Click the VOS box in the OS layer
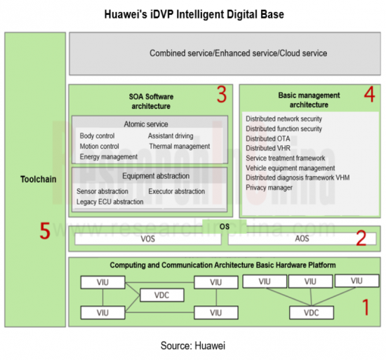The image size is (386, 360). point(148,239)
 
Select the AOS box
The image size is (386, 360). point(302,239)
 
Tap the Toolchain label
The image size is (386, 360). point(39,179)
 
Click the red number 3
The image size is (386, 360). point(222,95)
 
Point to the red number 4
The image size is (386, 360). point(369,95)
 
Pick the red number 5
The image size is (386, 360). point(45,231)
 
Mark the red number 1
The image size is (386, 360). point(366,307)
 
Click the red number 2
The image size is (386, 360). point(361,238)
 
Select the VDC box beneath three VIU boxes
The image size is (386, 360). point(312,312)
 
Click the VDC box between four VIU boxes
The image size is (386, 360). point(162,295)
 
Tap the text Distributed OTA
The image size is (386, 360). point(268,138)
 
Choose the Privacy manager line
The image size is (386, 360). point(269,187)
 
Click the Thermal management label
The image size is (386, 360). point(180,146)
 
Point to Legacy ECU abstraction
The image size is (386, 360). point(109,202)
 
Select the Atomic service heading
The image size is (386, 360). point(146,124)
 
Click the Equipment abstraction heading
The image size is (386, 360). point(156,176)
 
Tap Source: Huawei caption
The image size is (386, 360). point(193,346)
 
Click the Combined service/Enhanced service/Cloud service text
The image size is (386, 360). point(239,53)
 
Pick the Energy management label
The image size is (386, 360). point(109,156)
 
